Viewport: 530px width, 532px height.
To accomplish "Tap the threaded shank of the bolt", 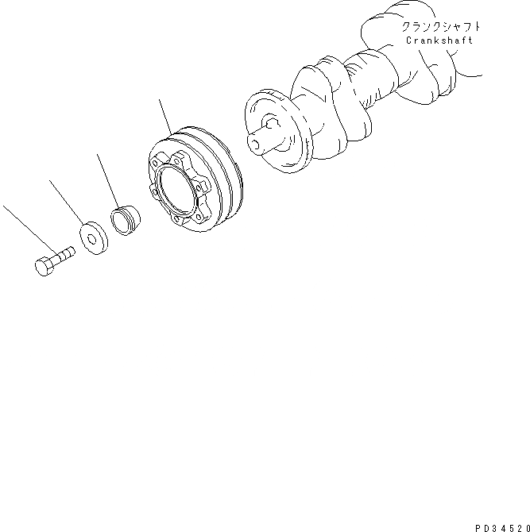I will click(x=63, y=256).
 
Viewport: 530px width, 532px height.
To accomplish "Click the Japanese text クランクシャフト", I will click(x=441, y=27).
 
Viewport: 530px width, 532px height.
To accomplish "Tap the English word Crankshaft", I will click(x=439, y=40).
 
